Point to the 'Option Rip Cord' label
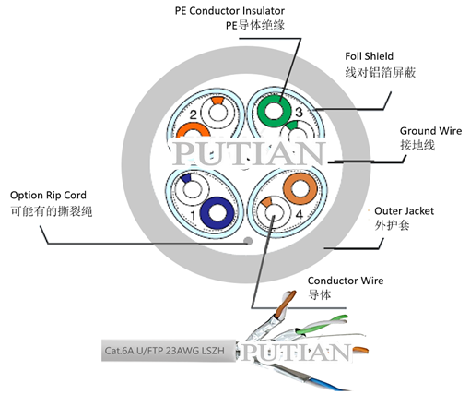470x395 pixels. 49,195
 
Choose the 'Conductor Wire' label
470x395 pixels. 345,280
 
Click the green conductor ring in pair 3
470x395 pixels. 273,113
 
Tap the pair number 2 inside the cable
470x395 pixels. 194,114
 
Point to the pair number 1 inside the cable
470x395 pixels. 193,216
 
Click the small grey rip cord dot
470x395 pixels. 246,240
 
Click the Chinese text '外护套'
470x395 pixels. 390,226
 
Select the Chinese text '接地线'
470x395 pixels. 416,146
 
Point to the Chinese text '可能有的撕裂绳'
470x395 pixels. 52,211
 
